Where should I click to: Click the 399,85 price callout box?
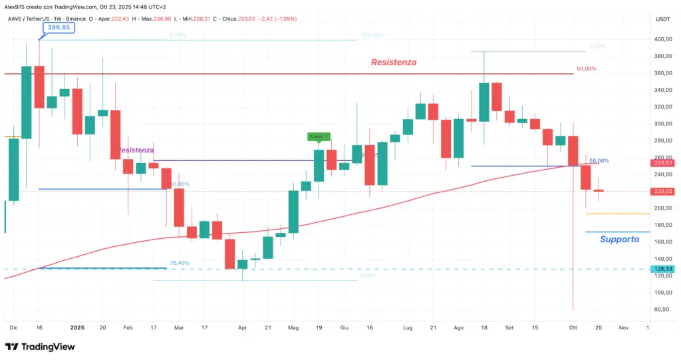60,27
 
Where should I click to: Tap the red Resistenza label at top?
393,62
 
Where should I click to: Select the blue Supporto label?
619,239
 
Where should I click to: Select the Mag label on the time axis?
293,327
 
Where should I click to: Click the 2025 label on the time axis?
77,327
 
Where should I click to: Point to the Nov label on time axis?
623,327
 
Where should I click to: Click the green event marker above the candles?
319,136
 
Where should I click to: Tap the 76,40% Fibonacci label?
180,263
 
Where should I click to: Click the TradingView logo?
40,347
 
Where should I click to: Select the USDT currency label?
663,19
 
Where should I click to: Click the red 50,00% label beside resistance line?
586,69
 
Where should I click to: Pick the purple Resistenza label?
137,150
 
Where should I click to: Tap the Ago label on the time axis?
458,327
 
